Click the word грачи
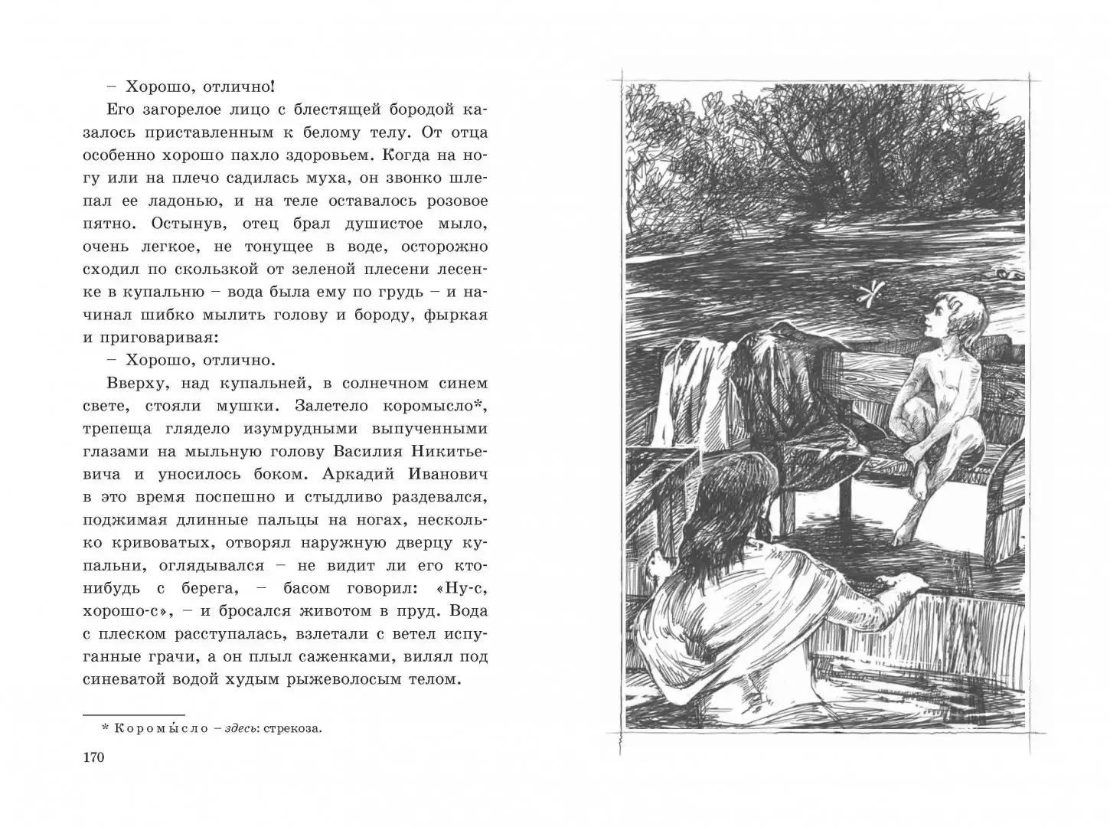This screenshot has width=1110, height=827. tap(139, 656)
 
